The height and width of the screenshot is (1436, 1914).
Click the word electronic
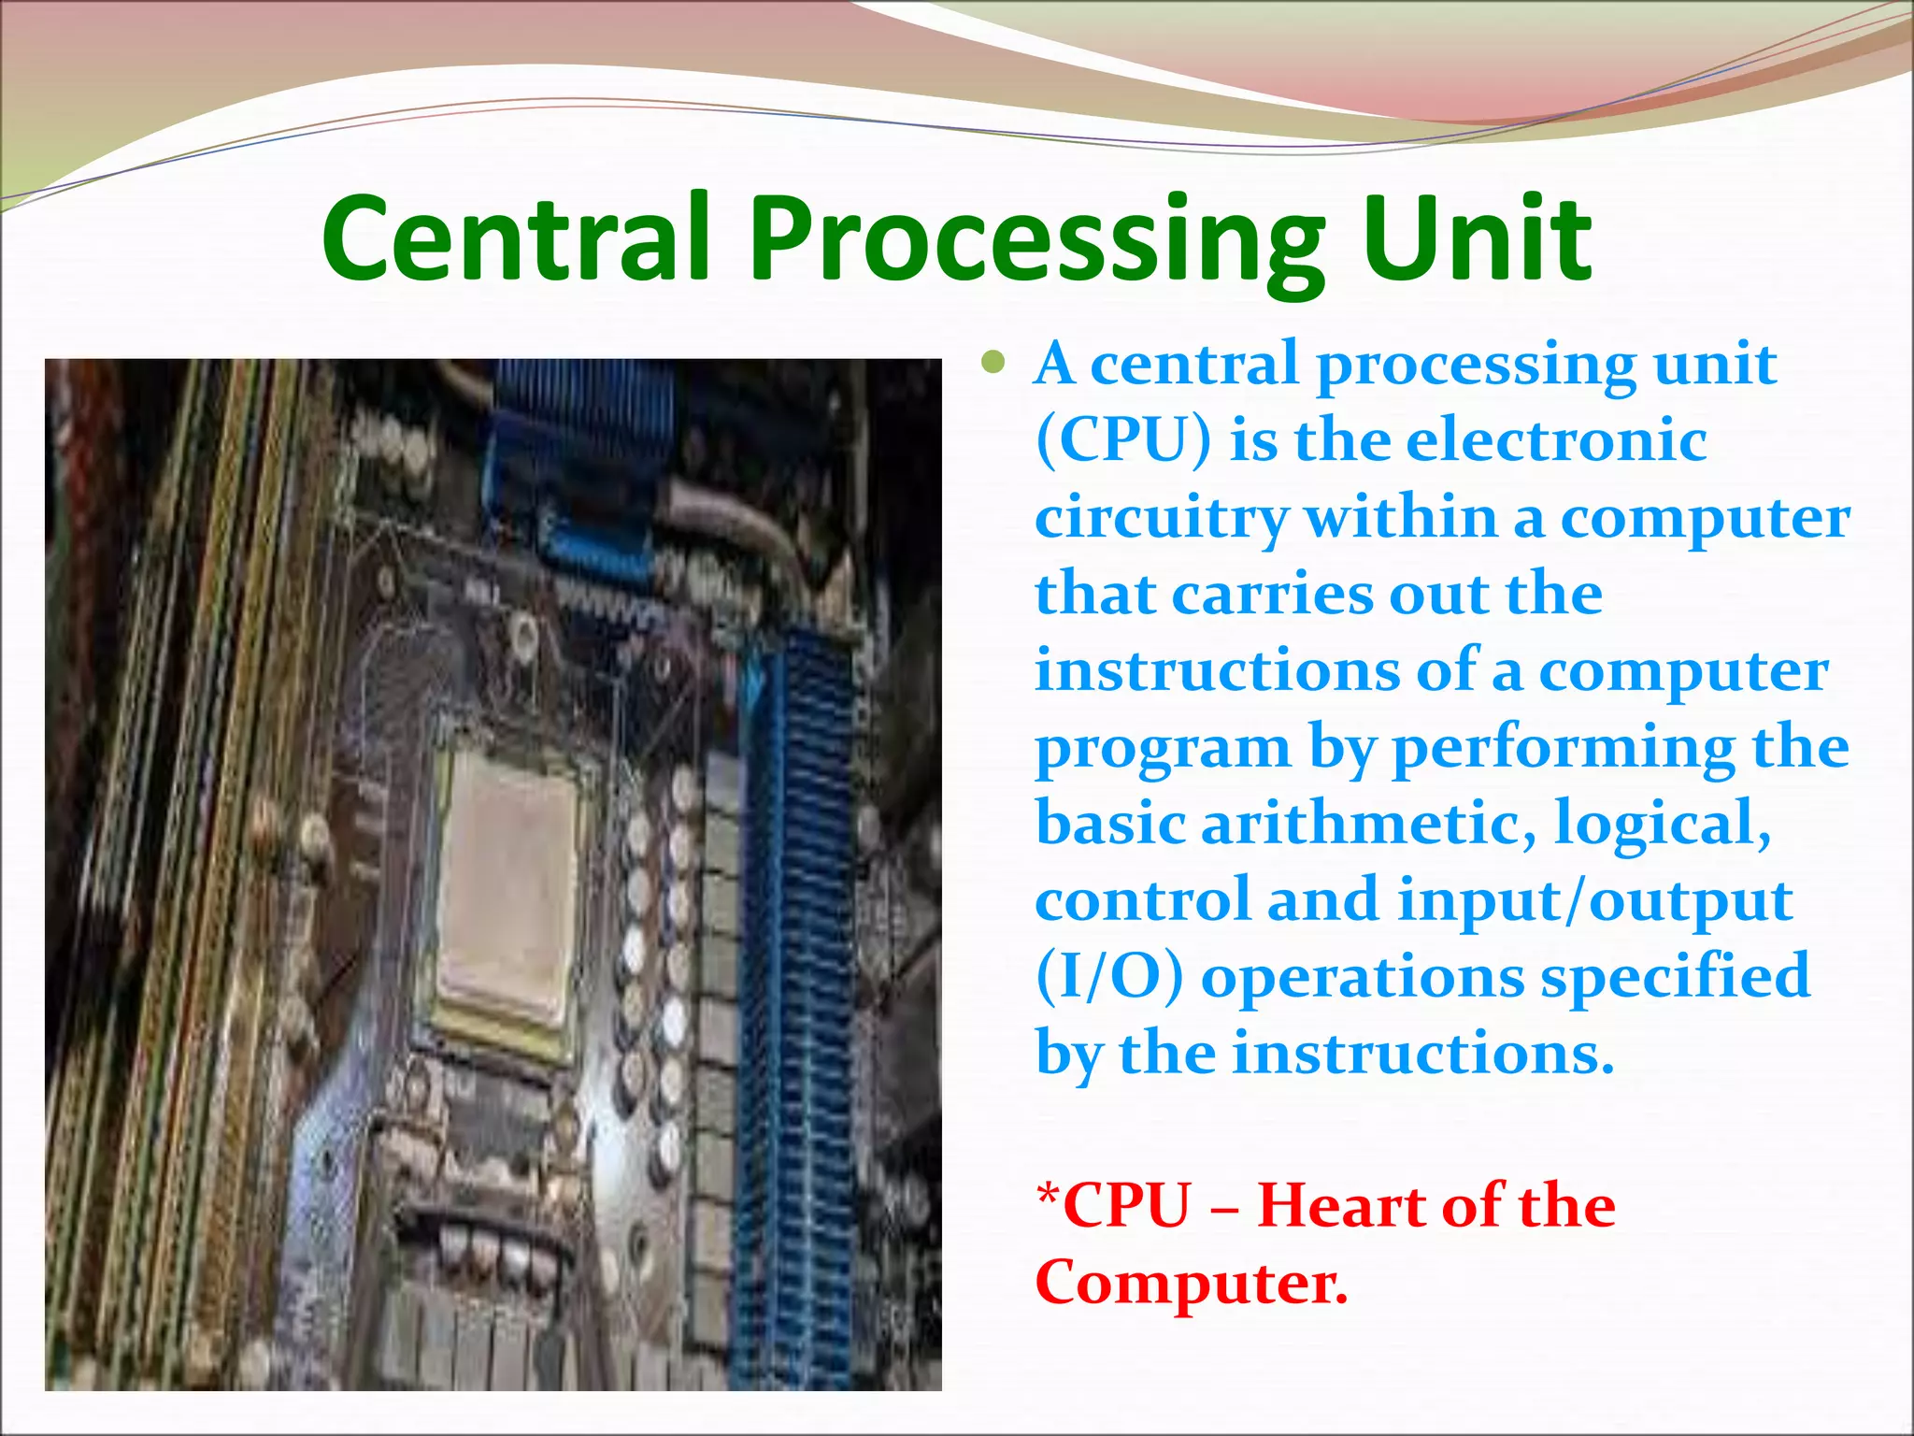click(1556, 439)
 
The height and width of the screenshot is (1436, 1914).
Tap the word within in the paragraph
click(1401, 517)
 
